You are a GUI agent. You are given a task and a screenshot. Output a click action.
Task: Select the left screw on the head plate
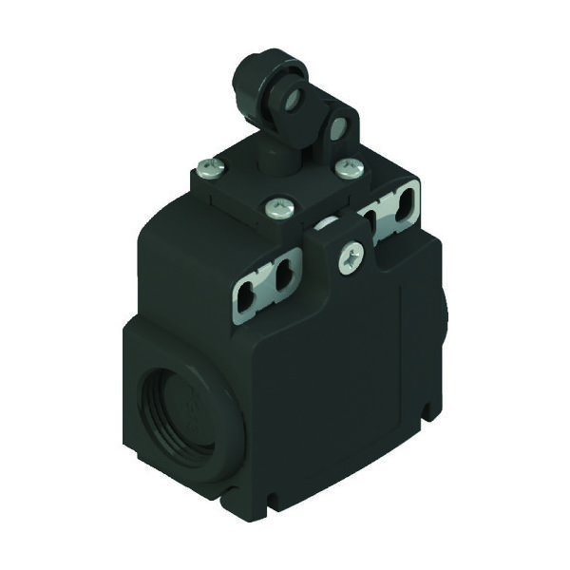tap(210, 172)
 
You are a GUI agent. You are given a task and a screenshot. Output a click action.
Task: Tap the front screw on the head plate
tap(277, 208)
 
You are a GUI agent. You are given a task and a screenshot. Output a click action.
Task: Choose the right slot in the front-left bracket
tap(281, 280)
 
